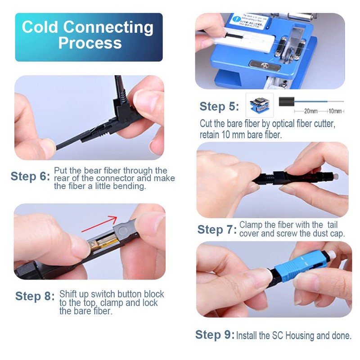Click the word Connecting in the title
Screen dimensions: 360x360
point(108,27)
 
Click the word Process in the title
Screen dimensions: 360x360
point(90,43)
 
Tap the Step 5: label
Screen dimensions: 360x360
point(219,107)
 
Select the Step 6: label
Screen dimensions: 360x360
point(30,176)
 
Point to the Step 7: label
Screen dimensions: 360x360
point(216,229)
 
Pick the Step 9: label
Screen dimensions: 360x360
point(215,335)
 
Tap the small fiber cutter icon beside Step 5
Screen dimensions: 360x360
point(259,105)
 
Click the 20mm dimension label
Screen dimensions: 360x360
point(310,111)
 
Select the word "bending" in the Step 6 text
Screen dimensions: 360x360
point(130,186)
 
